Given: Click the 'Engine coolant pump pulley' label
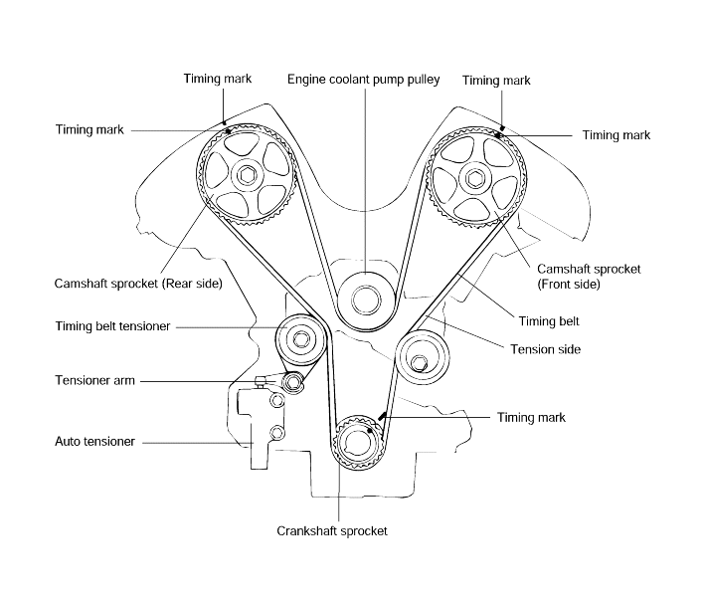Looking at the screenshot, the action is (x=363, y=80).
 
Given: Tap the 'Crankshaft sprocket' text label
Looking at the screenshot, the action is (x=332, y=531).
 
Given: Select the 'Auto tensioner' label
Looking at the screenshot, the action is (x=94, y=442).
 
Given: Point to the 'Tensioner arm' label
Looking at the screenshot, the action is (x=94, y=381).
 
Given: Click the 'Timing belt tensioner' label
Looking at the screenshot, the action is (x=112, y=326).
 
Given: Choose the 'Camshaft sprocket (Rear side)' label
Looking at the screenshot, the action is (x=138, y=284).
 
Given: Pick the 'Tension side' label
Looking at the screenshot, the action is (x=545, y=349).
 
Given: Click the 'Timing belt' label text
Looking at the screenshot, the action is (x=549, y=321).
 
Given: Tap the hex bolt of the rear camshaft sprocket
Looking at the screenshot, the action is (x=247, y=175).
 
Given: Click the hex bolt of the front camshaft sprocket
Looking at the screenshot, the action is (x=473, y=179).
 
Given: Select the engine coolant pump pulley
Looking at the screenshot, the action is (x=366, y=301).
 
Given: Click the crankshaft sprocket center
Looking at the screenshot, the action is (x=357, y=443).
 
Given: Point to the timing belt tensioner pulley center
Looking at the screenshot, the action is (x=300, y=339).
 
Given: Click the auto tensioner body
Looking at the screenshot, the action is (x=259, y=428).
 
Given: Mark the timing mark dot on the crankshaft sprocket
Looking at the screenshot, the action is (x=370, y=430).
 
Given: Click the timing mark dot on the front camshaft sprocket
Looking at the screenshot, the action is (x=498, y=135).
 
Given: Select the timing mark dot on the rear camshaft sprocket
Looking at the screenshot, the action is (x=229, y=131).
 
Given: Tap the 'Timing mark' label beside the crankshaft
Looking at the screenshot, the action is (x=531, y=418).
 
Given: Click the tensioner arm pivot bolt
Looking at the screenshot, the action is (x=292, y=383).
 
